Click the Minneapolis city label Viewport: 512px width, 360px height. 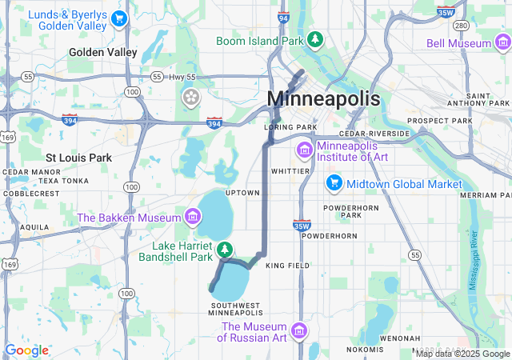point(323,98)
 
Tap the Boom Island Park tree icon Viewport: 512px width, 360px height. point(316,38)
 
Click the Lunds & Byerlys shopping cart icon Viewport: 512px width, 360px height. point(119,18)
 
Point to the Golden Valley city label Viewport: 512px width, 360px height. point(103,52)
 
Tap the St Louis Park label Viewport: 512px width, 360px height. point(78,158)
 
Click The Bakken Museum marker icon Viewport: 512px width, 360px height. point(192,216)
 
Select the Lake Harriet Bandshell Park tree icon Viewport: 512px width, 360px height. point(226,250)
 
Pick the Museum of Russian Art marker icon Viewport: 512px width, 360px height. point(298,330)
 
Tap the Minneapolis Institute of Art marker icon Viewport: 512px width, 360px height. point(304,150)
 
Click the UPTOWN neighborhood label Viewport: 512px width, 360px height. point(242,193)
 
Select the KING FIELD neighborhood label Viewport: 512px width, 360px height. point(286,265)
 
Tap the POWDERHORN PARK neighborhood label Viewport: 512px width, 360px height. point(344,210)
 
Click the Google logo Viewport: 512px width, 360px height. point(26,350)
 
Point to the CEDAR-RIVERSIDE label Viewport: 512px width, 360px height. point(374,134)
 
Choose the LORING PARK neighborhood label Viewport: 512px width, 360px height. point(291,127)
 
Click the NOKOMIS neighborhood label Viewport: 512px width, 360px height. point(366,350)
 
